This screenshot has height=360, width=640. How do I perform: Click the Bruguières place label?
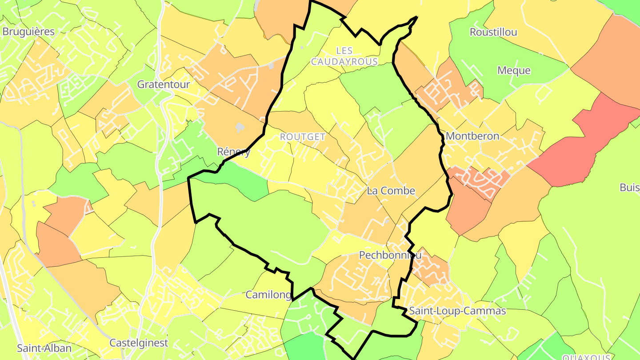click(28, 32)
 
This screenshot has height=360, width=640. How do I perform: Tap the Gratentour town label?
click(164, 84)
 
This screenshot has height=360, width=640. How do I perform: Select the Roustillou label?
click(493, 32)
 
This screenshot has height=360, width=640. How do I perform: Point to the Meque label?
click(514, 70)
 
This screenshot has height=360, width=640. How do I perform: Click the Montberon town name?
click(472, 136)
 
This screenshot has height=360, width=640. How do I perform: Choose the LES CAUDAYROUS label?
click(344, 56)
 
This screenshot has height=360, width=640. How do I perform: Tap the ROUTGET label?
click(303, 137)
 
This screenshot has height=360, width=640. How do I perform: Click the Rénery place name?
click(234, 152)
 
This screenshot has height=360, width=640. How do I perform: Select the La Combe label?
click(391, 191)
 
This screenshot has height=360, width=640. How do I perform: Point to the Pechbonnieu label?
click(390, 255)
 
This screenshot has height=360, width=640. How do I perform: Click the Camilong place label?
click(269, 295)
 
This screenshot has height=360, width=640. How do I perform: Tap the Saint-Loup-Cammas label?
click(457, 311)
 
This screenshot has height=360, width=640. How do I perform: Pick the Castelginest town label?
click(139, 343)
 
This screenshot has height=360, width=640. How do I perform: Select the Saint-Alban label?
click(44, 348)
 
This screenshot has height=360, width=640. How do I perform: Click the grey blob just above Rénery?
click(240, 128)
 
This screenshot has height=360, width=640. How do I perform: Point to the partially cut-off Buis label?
click(630, 188)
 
